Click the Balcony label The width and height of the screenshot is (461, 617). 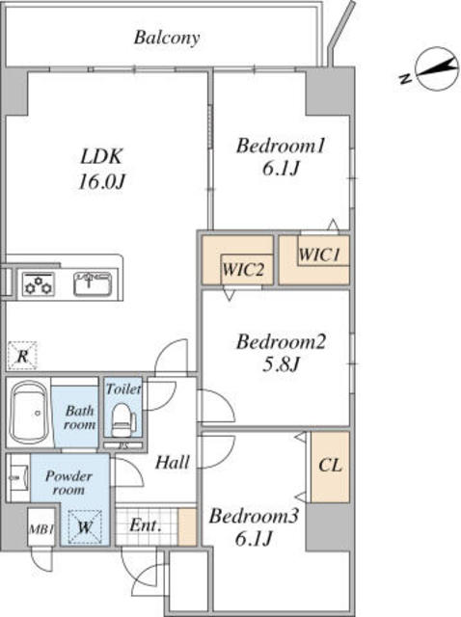tap(167, 39)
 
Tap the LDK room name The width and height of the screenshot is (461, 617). tap(101, 156)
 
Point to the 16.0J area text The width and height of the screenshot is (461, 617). tap(101, 181)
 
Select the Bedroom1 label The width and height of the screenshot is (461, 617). tap(281, 146)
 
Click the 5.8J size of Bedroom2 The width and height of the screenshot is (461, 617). tap(281, 364)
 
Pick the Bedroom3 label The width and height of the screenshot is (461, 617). tap(254, 516)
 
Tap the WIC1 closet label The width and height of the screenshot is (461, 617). tap(319, 255)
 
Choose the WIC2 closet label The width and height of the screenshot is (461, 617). tap(242, 270)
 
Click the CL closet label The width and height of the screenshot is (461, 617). tap(330, 466)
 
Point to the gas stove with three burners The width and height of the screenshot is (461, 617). tap(39, 283)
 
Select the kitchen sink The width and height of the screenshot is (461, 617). tap(93, 282)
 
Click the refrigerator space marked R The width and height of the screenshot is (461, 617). tap(22, 356)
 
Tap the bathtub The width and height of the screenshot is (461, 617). tap(28, 412)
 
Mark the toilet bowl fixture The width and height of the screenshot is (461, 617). tap(122, 419)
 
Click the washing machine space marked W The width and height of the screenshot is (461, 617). tap(84, 527)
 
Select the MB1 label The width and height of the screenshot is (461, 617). tap(41, 529)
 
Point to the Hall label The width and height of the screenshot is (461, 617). tap(172, 463)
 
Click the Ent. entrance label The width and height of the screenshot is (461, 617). tap(146, 524)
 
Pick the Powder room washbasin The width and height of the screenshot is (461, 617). tap(17, 478)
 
